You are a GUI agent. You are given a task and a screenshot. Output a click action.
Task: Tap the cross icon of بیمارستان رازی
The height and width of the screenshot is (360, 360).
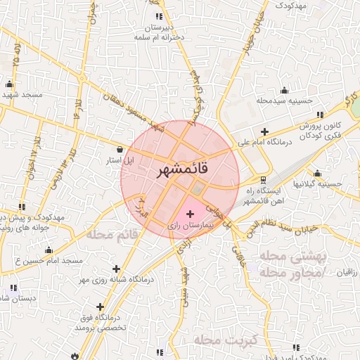click(x=191, y=213)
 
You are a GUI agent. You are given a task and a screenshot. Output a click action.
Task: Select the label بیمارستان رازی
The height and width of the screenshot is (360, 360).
click(x=191, y=226)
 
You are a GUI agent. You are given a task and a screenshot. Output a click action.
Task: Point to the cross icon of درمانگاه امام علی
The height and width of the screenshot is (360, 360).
click(x=264, y=131)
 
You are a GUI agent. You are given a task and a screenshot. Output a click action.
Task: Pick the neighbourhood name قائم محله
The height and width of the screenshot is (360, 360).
click(x=110, y=234)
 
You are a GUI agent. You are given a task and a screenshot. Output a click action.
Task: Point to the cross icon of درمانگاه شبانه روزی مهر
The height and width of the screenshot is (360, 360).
click(x=117, y=269)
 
